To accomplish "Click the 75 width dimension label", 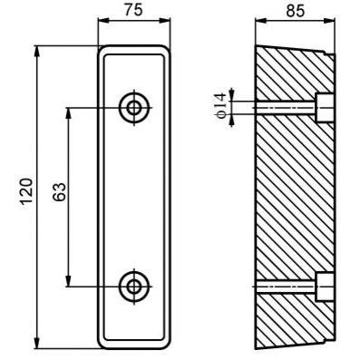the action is (x=133, y=10).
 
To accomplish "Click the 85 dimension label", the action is (x=296, y=11).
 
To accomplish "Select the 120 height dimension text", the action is (x=26, y=191).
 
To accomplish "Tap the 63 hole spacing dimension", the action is (x=60, y=192).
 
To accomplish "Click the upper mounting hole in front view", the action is (x=134, y=107).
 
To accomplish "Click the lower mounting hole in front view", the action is (x=134, y=287).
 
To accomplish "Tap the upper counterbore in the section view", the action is (x=325, y=108).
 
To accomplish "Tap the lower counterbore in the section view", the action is (x=325, y=287).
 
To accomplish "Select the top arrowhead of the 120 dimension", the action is (x=37, y=51).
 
